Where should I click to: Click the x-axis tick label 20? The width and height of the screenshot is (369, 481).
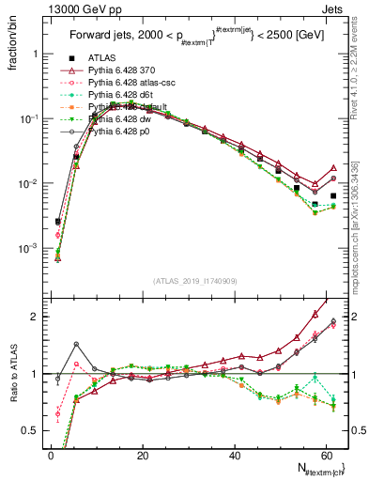pos(143,456)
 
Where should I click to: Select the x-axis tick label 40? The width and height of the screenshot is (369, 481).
pos(235,456)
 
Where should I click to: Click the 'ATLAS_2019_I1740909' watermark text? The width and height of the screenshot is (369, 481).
pos(194,281)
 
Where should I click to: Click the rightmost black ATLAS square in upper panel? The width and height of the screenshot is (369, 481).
pos(333,196)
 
